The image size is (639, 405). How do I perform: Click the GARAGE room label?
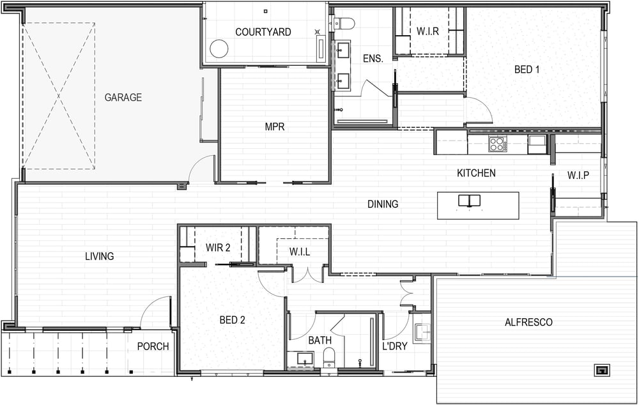coord(123,97)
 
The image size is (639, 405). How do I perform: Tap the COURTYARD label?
coord(263,32)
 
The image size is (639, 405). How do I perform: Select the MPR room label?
coord(275,126)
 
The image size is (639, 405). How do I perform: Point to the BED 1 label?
coord(527,69)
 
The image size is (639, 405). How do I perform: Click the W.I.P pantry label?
coord(578,175)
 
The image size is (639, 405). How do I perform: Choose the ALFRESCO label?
coord(528,323)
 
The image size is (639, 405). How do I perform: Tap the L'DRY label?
coord(394,346)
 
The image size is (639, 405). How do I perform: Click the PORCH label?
coord(153,346)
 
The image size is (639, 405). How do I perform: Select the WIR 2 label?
coord(218,248)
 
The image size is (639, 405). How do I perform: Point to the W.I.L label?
coord(300,252)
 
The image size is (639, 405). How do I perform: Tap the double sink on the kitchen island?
coord(469,201)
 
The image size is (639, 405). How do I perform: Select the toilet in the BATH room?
coord(328,357)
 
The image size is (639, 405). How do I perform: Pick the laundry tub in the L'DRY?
coord(422,332)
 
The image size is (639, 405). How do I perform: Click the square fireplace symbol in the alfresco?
coord(601,370)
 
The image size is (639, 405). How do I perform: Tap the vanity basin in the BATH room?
coord(305,359)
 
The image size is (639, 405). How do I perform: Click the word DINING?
coord(383,204)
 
